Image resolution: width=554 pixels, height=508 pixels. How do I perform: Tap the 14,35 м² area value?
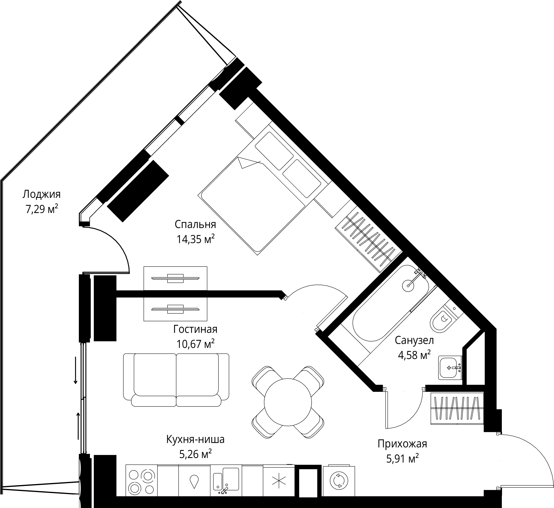pos(195,239)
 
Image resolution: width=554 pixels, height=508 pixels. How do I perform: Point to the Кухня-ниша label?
pos(195,439)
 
